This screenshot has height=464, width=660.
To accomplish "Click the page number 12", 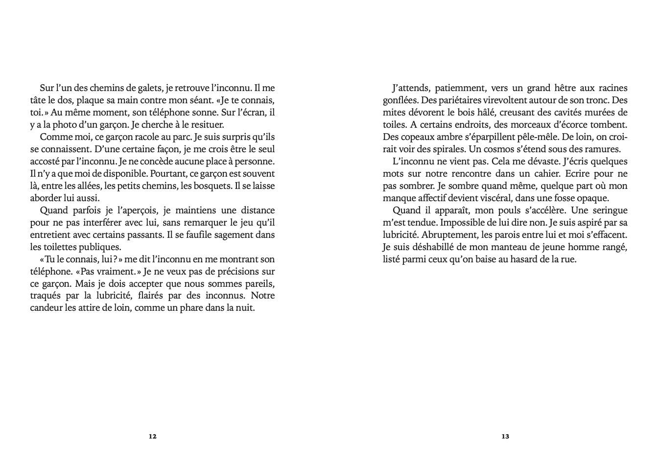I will [152, 436].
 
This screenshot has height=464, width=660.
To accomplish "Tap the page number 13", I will [505, 436].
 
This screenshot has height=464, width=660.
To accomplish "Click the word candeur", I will [47, 308].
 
